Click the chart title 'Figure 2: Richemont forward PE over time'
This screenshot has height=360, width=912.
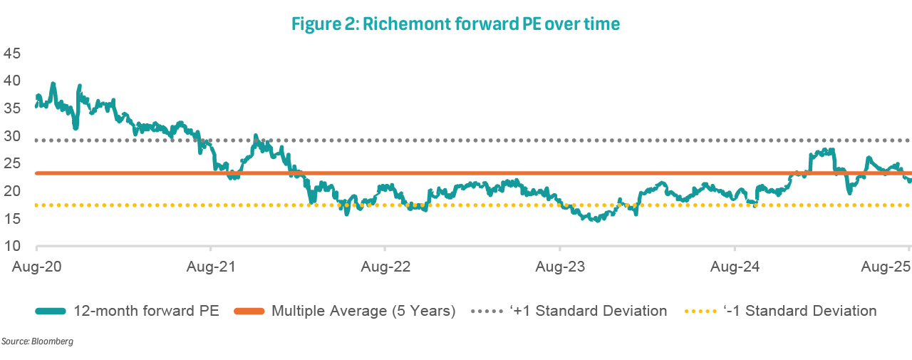click(456, 24)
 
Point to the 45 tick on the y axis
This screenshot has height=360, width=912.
click(12, 53)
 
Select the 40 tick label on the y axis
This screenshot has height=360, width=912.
click(12, 81)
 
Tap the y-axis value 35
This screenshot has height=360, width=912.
click(12, 108)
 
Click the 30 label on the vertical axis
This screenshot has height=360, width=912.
click(12, 136)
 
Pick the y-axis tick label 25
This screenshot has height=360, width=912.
click(12, 163)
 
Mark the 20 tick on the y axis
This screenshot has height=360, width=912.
click(12, 191)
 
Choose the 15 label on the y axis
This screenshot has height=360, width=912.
click(12, 219)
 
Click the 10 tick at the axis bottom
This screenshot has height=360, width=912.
click(12, 246)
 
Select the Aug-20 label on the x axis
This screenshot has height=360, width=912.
click(35, 268)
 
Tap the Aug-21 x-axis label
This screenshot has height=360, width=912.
click(210, 268)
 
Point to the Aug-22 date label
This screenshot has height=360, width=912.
click(385, 268)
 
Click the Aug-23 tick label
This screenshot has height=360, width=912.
click(559, 268)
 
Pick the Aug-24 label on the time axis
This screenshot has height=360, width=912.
click(735, 268)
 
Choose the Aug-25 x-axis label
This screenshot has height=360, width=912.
click(886, 268)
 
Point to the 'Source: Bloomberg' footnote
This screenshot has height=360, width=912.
click(37, 342)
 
